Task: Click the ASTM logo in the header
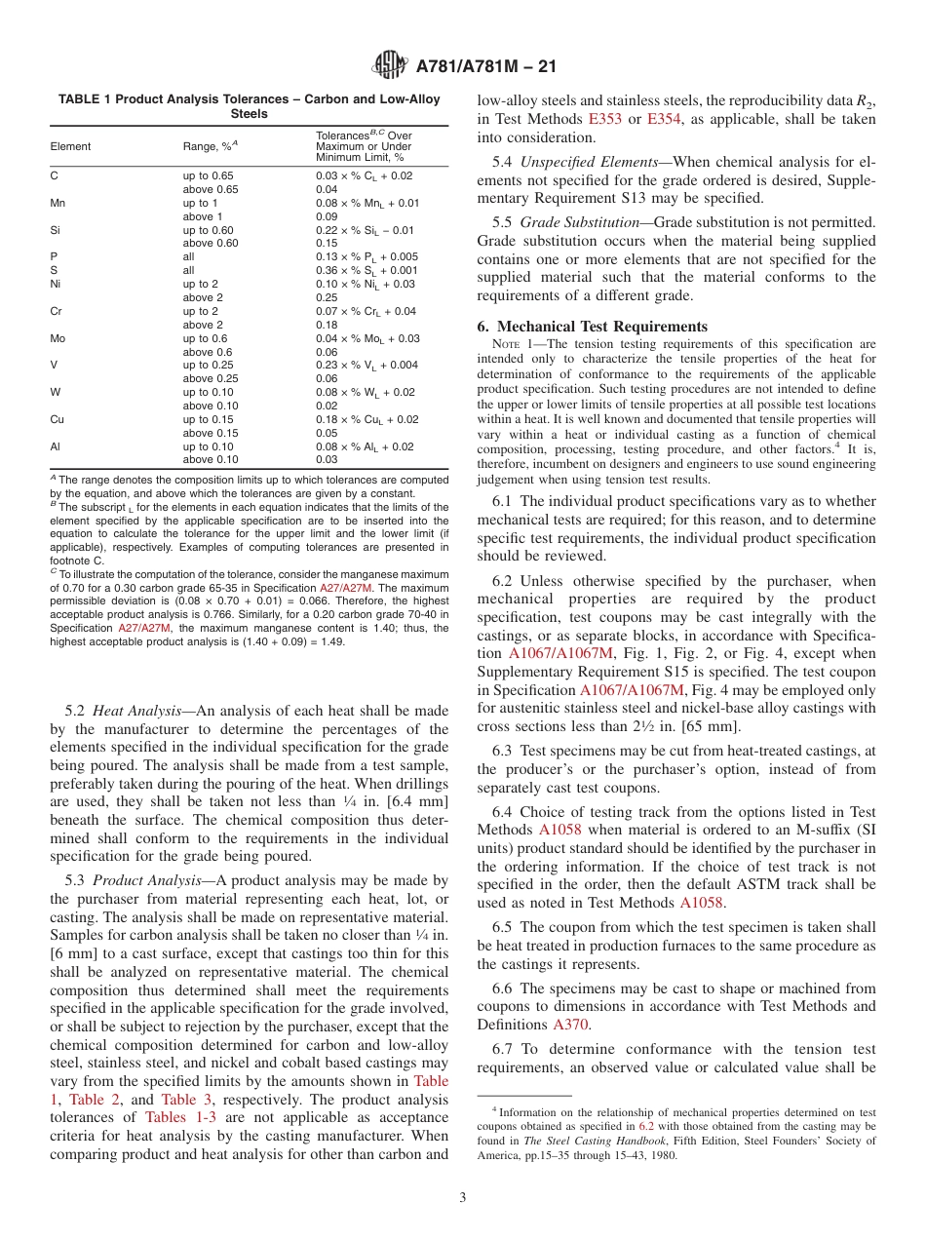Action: (390, 67)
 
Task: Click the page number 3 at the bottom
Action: (463, 1196)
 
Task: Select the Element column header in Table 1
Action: (70, 146)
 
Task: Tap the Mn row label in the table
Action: (58, 203)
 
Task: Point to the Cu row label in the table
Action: (58, 419)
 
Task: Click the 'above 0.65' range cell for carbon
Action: (211, 189)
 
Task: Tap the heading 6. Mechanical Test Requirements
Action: (593, 327)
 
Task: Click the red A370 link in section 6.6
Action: (570, 1025)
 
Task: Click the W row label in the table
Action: (55, 392)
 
